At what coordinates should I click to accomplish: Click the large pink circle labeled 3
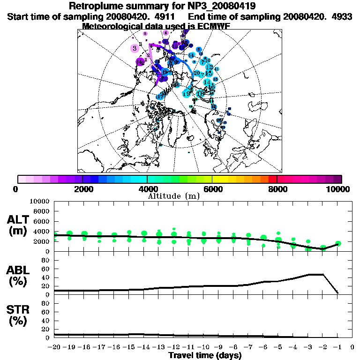[135, 48]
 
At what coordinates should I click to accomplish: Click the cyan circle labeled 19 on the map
[186, 94]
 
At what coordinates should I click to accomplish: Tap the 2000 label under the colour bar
[82, 189]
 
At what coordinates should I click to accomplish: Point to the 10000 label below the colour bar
[337, 189]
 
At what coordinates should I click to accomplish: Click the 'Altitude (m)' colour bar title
[173, 195]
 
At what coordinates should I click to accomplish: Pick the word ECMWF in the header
[213, 26]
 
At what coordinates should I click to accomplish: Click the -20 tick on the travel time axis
[55, 347]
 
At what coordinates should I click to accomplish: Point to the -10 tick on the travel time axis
[203, 347]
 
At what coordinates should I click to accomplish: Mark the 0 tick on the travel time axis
[352, 347]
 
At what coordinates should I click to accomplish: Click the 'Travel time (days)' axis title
[205, 355]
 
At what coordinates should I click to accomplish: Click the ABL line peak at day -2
[323, 274]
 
